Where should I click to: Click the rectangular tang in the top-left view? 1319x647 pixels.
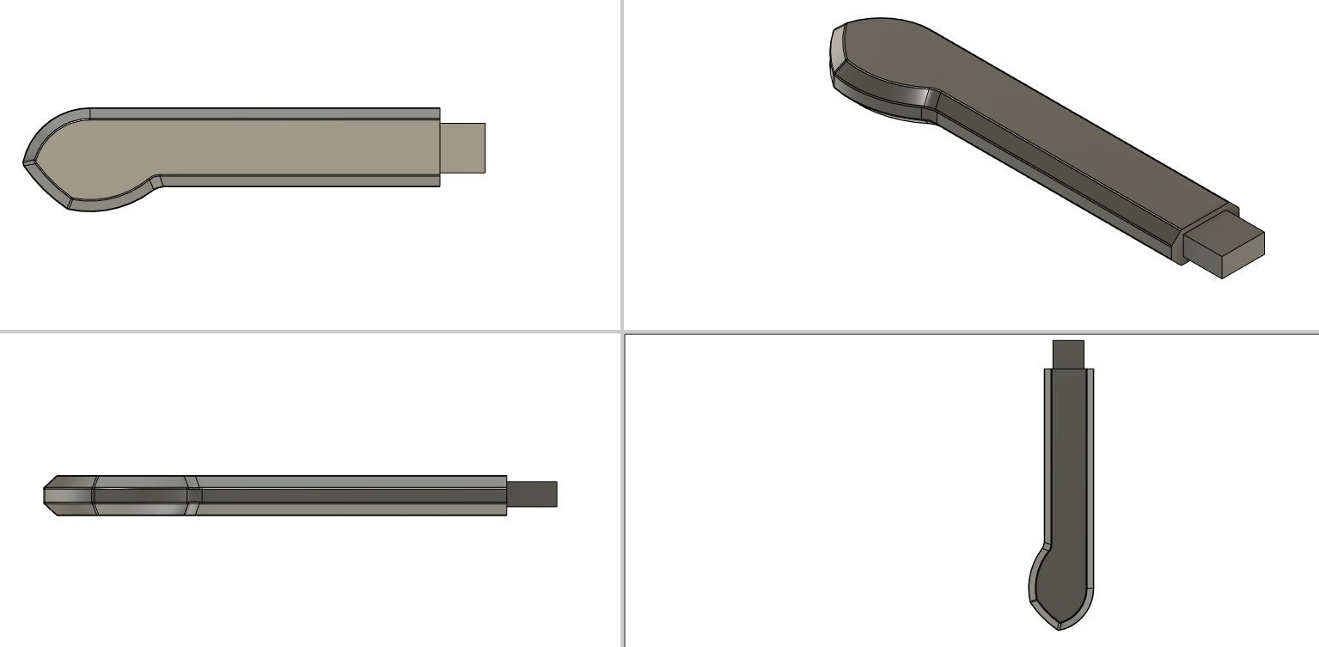pyautogui.click(x=464, y=148)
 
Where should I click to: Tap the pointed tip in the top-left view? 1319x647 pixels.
pyautogui.click(x=26, y=161)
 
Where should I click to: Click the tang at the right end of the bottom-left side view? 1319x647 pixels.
pyautogui.click(x=533, y=494)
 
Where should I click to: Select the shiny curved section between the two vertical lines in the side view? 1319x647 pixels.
pyautogui.click(x=142, y=496)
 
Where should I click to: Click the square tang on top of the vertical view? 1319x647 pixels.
pyautogui.click(x=1069, y=353)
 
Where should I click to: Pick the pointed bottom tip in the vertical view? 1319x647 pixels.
pyautogui.click(x=1059, y=626)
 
